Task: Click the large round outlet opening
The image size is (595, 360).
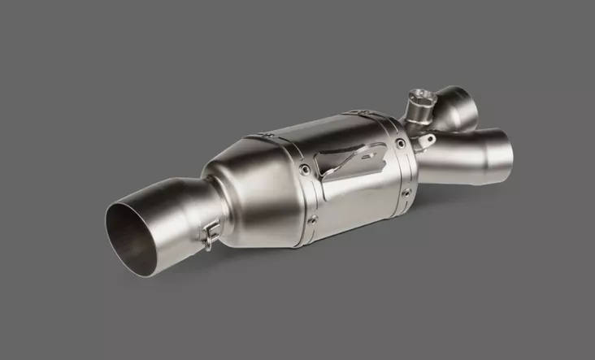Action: [x=136, y=231]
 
